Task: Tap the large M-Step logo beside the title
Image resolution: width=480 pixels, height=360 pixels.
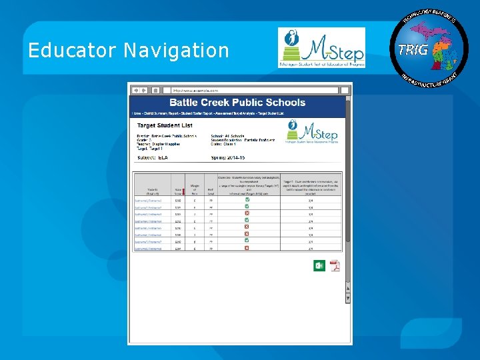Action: click(x=321, y=47)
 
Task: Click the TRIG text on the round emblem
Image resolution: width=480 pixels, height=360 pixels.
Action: click(x=413, y=49)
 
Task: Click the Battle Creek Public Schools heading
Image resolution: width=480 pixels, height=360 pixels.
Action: click(x=237, y=103)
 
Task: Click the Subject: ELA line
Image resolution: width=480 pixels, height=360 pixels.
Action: click(x=153, y=157)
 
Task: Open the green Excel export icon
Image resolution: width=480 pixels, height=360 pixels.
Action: click(x=319, y=265)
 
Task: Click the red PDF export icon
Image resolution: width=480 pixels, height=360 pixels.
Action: click(x=334, y=265)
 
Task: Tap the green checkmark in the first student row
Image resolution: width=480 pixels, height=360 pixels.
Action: click(x=247, y=200)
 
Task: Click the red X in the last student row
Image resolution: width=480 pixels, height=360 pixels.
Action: click(x=247, y=248)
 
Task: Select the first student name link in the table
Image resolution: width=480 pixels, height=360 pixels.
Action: click(x=148, y=200)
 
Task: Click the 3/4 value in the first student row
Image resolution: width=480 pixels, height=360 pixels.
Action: click(x=310, y=200)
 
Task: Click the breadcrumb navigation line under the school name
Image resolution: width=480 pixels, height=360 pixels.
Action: click(x=208, y=114)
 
